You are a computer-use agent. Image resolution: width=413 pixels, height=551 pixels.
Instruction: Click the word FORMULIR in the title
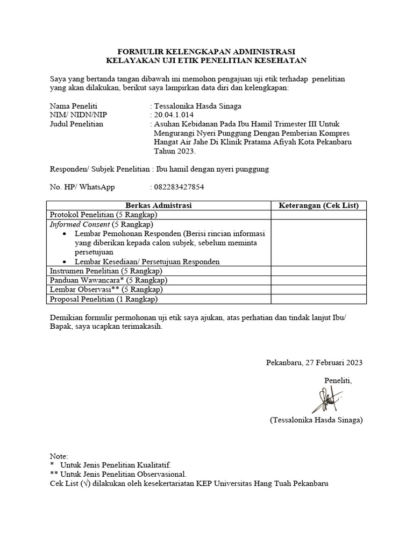tap(141, 51)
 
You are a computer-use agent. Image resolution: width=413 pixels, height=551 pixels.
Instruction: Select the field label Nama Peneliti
tap(74, 106)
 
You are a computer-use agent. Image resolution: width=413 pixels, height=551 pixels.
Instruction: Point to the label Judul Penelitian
tap(76, 124)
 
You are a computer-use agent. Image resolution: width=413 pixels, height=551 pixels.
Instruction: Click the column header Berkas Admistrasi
tap(159, 206)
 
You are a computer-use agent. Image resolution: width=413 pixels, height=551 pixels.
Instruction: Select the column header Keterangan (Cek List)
tap(318, 206)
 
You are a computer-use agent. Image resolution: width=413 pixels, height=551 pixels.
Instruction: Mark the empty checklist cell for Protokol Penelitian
tap(318, 215)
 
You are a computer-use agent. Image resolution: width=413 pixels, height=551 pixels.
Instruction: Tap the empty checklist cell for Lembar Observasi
tap(318, 289)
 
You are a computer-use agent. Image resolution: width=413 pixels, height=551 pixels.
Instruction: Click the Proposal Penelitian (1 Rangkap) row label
tap(103, 299)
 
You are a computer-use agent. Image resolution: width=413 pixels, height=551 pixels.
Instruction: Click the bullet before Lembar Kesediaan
tap(65, 262)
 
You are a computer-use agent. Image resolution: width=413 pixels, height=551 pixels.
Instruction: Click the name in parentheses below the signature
tap(316, 420)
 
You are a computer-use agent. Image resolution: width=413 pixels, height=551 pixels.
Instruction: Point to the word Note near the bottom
tap(59, 456)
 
